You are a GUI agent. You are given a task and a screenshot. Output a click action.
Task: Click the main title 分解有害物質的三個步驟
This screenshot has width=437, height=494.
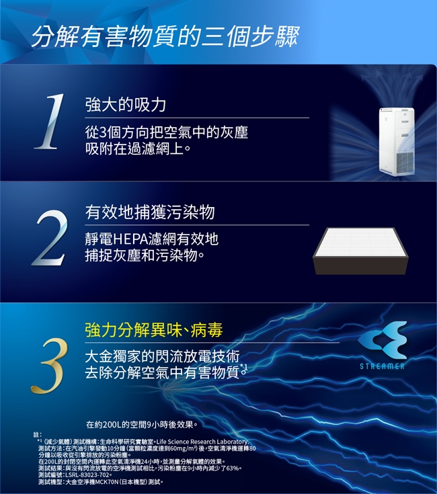pyautogui.click(x=165, y=36)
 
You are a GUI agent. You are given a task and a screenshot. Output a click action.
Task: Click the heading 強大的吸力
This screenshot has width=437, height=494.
pyautogui.click(x=126, y=105)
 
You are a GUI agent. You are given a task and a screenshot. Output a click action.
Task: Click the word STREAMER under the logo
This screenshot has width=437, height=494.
pyautogui.click(x=382, y=366)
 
